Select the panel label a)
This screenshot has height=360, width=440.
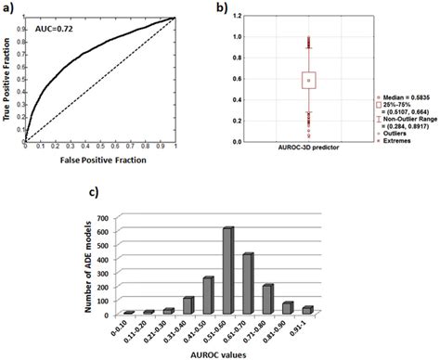[10, 8]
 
